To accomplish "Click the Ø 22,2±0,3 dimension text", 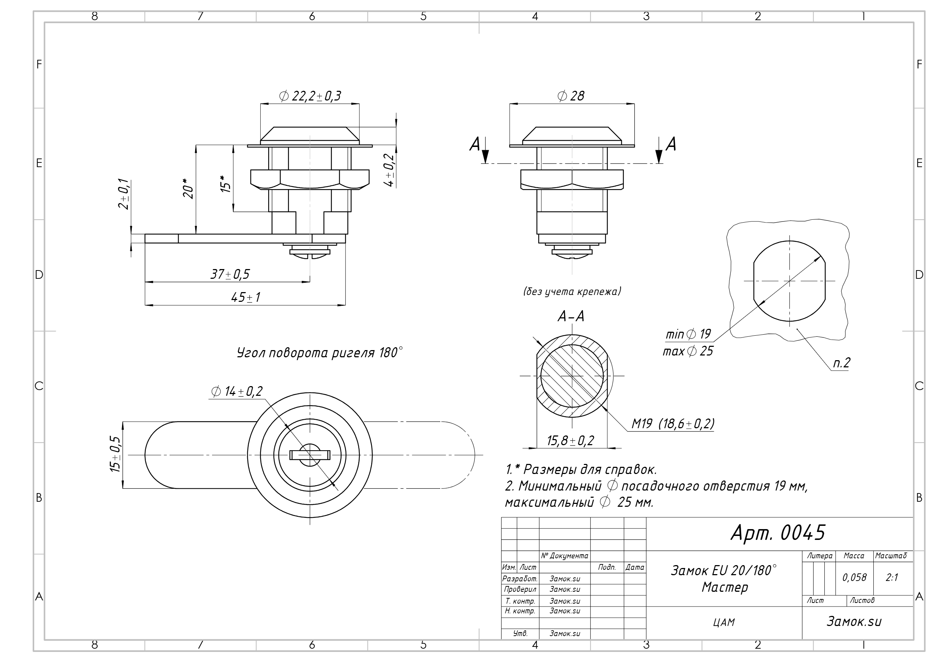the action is coord(310,96).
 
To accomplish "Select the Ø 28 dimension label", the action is coord(571,96).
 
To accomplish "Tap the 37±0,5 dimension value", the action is coord(230,274).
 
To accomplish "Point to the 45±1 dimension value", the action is coord(246,298).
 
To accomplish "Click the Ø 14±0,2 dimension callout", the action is coord(237,392).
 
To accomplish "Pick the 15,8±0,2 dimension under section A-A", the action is coord(570,440).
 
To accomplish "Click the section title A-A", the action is coord(571,316).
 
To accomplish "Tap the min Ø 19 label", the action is coord(688,335).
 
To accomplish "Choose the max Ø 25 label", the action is coord(688,351).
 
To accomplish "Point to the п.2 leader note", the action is coord(841,363).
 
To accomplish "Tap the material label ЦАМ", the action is coord(724,622).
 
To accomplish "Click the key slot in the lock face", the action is coord(310,455).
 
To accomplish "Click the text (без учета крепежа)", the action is coord(572,291).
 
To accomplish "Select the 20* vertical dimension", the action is coord(188,188).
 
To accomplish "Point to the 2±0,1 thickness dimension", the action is coord(124,194).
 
